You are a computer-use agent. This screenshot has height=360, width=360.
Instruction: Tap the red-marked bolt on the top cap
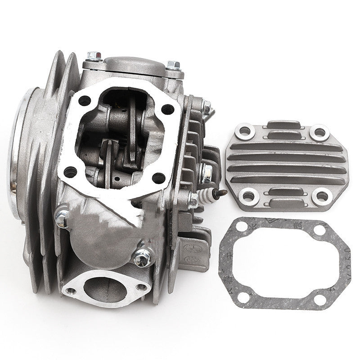[x=93, y=56]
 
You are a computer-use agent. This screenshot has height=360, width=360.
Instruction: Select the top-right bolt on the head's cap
[x=174, y=67]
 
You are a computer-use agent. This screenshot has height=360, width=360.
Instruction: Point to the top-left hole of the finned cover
[x=245, y=131]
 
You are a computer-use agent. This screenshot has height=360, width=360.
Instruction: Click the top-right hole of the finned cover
[x=319, y=132]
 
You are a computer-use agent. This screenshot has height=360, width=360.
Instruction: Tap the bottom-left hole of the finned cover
[x=246, y=195]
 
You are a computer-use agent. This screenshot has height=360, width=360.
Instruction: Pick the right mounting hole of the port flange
[x=143, y=286]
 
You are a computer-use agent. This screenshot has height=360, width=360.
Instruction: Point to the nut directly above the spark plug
[x=207, y=172]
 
